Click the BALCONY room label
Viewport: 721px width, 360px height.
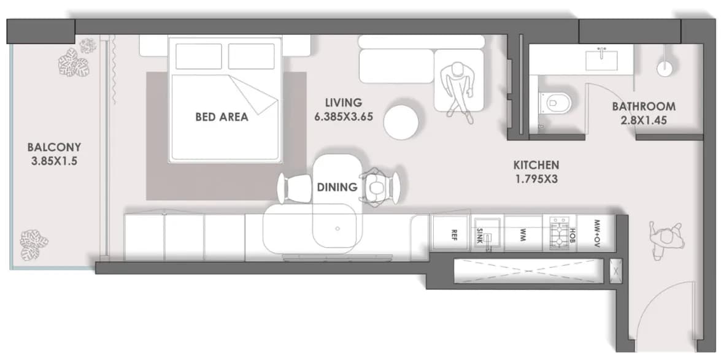54,148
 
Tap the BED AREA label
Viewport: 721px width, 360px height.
222,117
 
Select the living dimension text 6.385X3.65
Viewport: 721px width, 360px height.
344,117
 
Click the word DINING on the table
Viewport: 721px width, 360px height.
337,187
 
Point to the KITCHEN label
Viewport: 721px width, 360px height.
536,164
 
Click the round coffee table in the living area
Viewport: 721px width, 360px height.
401,122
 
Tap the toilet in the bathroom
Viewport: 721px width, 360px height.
554,102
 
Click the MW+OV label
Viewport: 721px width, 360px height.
597,233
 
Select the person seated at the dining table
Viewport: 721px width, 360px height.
375,187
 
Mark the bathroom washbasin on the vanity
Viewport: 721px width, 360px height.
601,59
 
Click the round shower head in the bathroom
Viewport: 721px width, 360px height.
665,68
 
